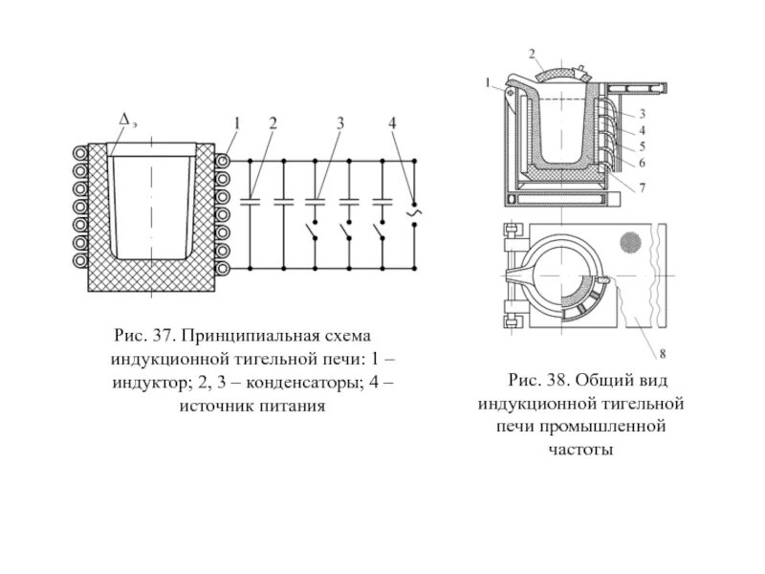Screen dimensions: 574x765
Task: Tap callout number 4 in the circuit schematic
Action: (392, 122)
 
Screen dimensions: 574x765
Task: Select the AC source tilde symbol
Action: (413, 211)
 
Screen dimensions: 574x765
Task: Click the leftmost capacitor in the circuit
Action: (251, 201)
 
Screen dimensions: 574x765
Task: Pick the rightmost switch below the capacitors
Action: (382, 232)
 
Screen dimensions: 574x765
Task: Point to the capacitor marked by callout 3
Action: (316, 201)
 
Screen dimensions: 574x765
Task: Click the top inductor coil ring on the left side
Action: (76, 152)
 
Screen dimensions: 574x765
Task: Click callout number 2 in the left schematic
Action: (273, 122)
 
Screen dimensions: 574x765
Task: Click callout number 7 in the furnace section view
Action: (643, 188)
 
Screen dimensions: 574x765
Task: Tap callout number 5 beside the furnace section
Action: (643, 146)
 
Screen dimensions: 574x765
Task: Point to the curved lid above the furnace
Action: (558, 72)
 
